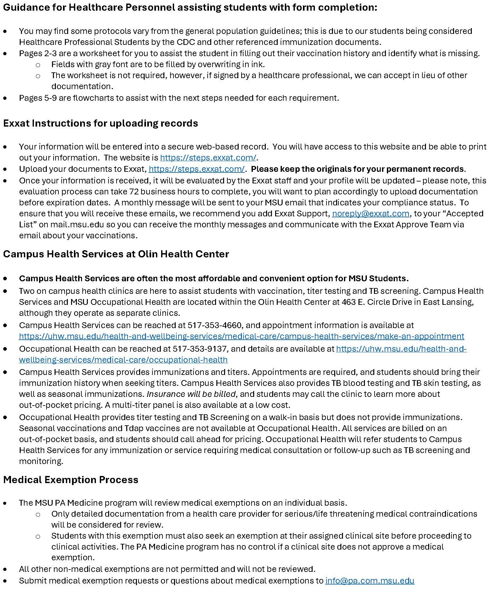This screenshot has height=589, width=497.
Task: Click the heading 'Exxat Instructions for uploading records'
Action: pos(100,123)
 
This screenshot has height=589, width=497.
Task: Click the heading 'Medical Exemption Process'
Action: pos(71,480)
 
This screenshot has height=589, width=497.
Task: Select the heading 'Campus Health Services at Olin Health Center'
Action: pos(116,254)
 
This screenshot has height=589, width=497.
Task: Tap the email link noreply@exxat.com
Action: pos(371,213)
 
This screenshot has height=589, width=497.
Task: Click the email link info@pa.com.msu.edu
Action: pos(370,581)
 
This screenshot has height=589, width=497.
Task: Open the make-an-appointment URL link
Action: pos(242,336)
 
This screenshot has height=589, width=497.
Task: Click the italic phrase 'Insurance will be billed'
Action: pos(191,394)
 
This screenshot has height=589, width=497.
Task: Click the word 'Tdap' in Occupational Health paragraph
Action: pos(132,428)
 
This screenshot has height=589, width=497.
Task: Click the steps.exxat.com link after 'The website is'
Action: pos(208,158)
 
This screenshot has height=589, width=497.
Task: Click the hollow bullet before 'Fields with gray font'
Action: pos(38,65)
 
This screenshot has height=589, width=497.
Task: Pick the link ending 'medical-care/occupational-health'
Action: pos(123,360)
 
